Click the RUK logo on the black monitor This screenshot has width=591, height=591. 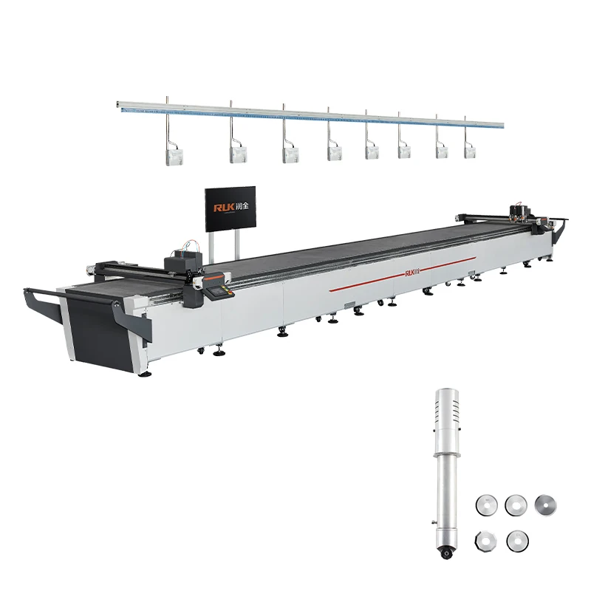pos(230,208)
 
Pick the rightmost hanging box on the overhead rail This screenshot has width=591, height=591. pos(471,149)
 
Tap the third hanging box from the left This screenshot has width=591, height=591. pos(290,154)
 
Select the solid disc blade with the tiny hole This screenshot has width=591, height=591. pos(544,505)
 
